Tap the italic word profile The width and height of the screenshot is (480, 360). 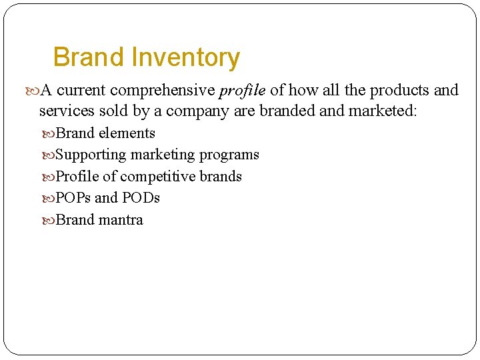(x=242, y=90)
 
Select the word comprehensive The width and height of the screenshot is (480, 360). (x=163, y=90)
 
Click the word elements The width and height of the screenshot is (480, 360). (x=127, y=133)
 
